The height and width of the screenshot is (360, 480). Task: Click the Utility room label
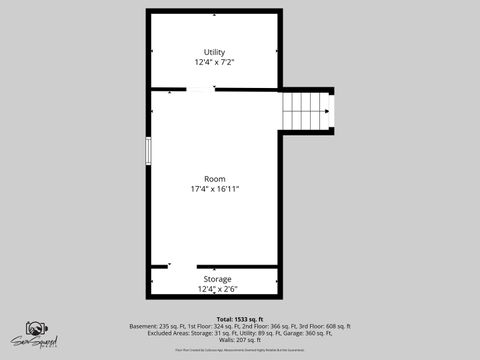[214, 52]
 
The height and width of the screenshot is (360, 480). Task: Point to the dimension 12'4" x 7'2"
[214, 62]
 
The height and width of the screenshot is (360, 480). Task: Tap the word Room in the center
[214, 179]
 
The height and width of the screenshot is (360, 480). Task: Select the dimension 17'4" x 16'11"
[214, 189]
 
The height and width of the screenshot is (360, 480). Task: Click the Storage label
[217, 279]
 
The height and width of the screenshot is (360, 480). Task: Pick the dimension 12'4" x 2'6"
[217, 289]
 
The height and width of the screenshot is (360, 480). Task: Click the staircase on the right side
[307, 110]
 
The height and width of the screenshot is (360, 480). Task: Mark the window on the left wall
[148, 150]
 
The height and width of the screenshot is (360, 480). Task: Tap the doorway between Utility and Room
[200, 90]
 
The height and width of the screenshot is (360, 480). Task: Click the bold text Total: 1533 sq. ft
[239, 319]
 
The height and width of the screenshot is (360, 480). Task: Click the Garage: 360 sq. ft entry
[311, 333]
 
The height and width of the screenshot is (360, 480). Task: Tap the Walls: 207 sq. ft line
[239, 340]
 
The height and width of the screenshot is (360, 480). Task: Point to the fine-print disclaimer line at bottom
[239, 350]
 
